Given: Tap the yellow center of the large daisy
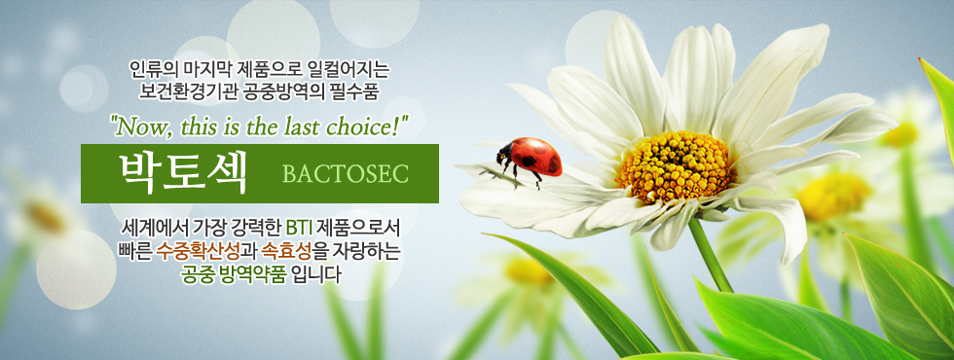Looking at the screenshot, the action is point(676,165).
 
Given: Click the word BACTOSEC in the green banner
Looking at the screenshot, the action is point(345,174).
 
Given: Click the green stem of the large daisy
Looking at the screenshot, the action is point(710,255).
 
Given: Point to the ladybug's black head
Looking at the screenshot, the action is point(505,154).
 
